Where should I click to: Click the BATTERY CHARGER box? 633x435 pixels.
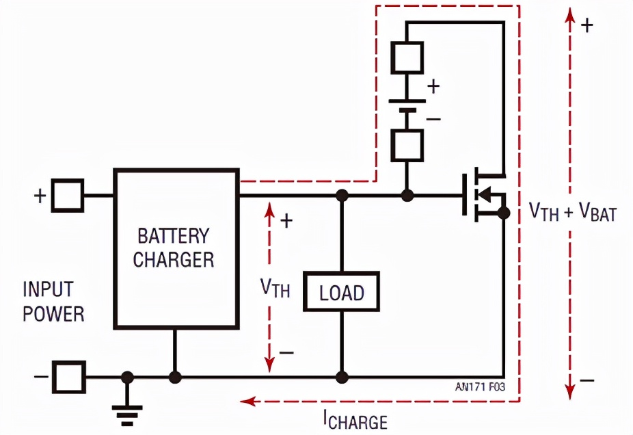click(x=176, y=248)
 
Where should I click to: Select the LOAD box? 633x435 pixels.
click(x=341, y=293)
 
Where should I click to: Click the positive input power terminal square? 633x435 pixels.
click(x=68, y=196)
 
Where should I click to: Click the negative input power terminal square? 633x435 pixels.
click(x=70, y=377)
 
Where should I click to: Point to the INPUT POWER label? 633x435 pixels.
click(x=53, y=301)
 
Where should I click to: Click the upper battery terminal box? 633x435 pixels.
click(x=407, y=57)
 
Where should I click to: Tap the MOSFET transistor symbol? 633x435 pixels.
click(x=484, y=196)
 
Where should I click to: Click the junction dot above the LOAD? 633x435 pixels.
click(x=342, y=196)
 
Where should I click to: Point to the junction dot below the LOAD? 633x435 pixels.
click(x=342, y=377)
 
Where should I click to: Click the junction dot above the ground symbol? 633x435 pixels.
click(x=126, y=377)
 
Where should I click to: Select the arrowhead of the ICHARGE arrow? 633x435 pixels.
click(x=244, y=401)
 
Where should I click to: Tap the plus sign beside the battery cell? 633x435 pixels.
click(x=433, y=87)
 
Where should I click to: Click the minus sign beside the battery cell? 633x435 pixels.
click(x=433, y=118)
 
